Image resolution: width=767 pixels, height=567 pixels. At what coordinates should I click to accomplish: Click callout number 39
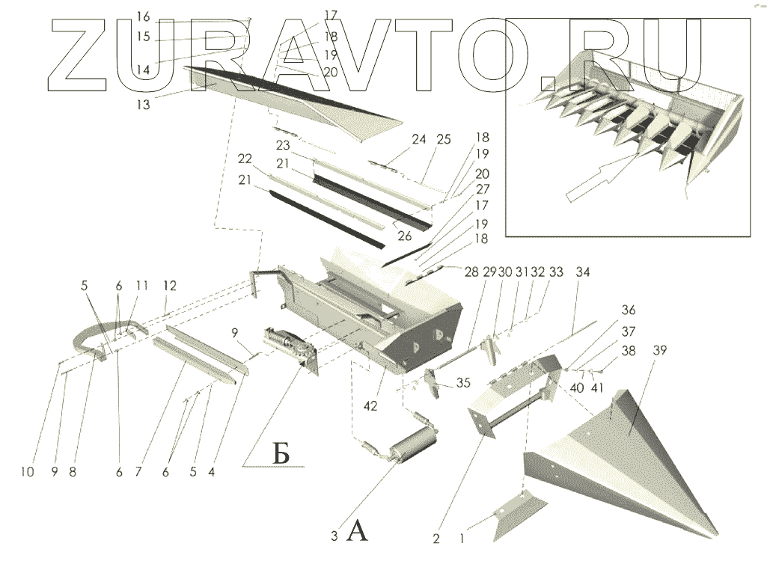(660, 351)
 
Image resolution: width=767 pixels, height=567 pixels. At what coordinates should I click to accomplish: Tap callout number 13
(143, 105)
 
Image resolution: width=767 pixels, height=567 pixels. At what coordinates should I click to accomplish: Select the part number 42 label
(370, 405)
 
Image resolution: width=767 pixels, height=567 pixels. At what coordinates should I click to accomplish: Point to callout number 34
(583, 273)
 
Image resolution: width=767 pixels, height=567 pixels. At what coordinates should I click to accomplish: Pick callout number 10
(27, 472)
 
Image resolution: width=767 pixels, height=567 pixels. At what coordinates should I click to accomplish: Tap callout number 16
(144, 16)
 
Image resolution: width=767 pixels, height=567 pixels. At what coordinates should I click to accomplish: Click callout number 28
(470, 273)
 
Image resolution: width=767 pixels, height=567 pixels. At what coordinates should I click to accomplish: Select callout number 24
(419, 139)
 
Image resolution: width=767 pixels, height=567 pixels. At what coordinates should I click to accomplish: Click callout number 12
(170, 285)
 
